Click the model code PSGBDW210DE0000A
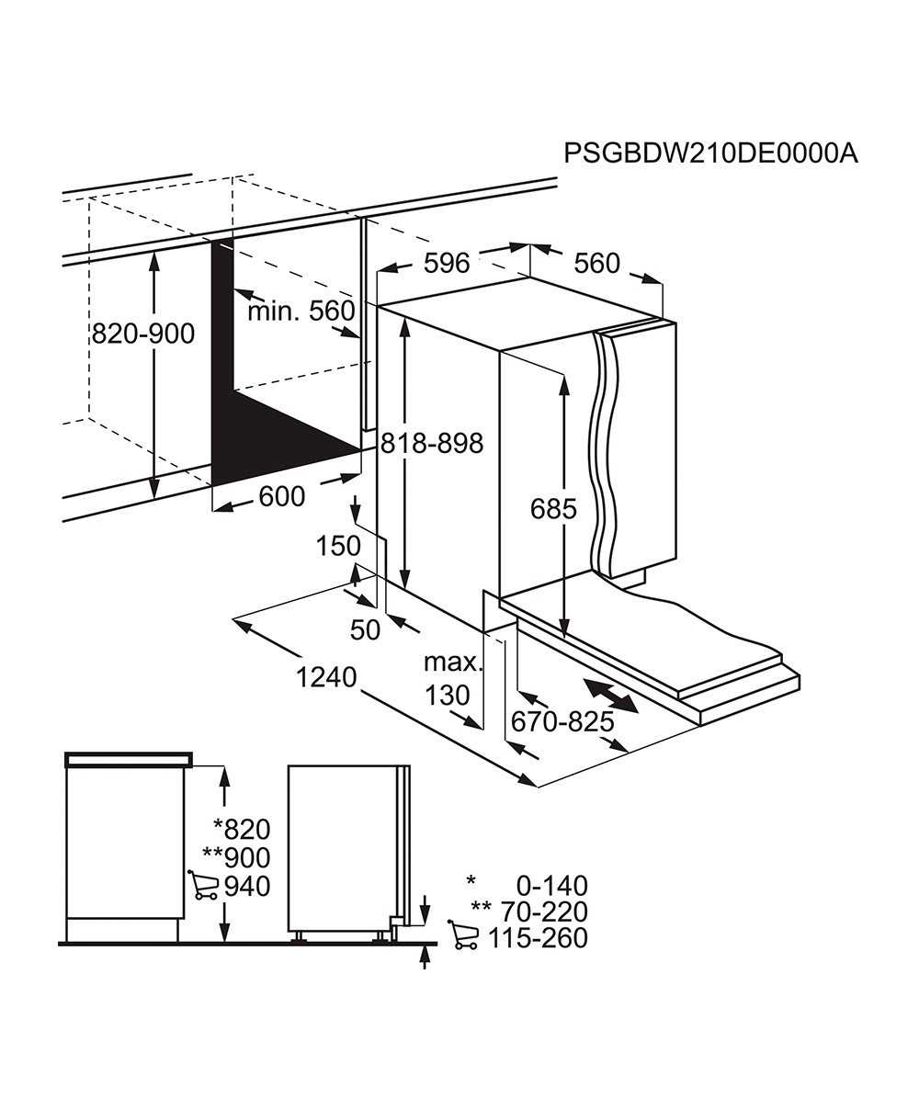point(710,154)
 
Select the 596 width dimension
point(447,263)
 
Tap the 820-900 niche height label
point(143,334)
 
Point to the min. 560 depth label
point(301,311)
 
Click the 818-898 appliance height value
point(432,443)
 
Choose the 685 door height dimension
point(553,509)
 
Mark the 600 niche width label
point(282,496)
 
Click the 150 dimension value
point(338,546)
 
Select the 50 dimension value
point(365,630)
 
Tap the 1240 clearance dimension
point(326,677)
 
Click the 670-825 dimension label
point(562,722)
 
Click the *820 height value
point(242,829)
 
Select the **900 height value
point(237,857)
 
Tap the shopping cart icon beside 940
point(202,887)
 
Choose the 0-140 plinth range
point(552,886)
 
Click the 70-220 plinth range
point(544,912)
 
